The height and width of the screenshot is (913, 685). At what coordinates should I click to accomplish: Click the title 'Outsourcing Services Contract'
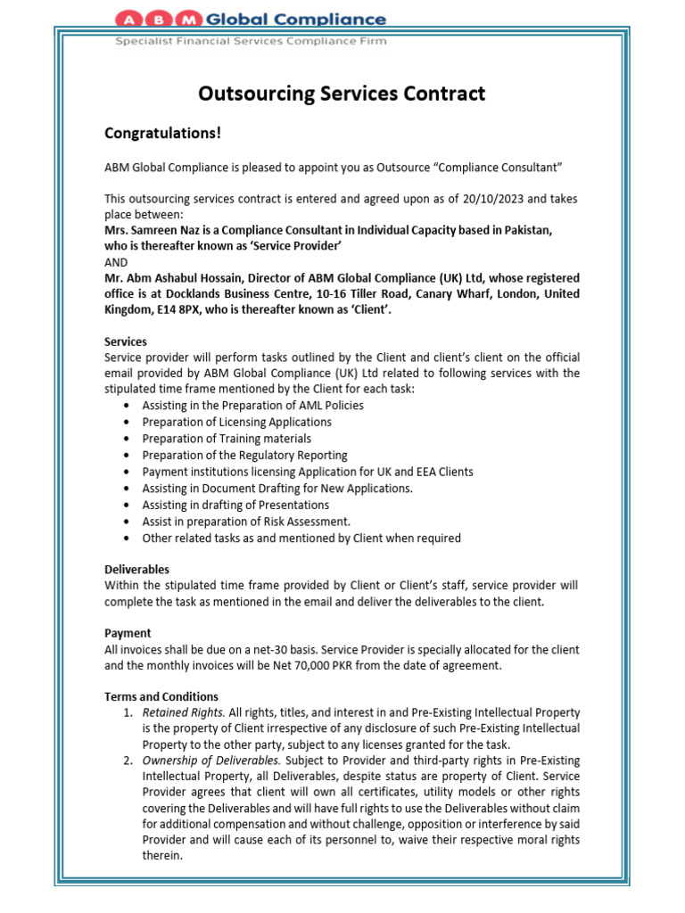[x=342, y=94]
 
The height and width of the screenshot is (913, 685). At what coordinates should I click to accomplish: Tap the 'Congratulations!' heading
[x=161, y=134]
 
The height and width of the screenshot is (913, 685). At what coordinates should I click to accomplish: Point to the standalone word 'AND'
[x=116, y=262]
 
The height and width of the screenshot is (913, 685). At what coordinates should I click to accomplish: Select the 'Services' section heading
[x=126, y=341]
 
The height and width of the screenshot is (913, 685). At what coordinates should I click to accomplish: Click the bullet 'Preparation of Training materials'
[x=227, y=439]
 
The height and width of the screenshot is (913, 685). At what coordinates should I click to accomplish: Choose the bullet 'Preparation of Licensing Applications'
[x=236, y=422]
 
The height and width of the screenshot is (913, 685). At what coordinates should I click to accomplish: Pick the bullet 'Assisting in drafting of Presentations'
[x=235, y=505]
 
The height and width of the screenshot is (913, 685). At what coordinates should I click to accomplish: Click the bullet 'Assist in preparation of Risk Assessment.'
[x=246, y=522]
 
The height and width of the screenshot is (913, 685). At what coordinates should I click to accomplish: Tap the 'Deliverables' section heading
[x=136, y=569]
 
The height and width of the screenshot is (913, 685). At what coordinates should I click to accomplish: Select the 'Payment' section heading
[x=128, y=633]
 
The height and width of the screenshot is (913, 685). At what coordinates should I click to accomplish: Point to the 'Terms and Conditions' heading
[x=161, y=696]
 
